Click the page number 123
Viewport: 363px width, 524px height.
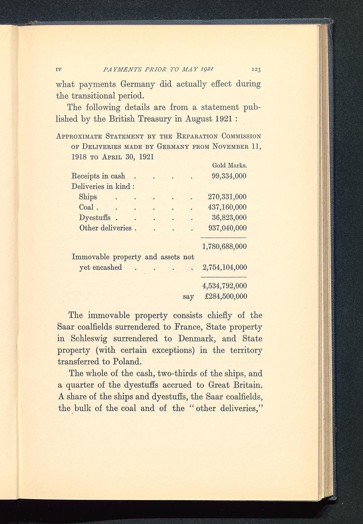[256, 70]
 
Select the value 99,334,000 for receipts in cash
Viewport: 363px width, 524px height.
[229, 176]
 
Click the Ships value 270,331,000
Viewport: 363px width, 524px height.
[227, 197]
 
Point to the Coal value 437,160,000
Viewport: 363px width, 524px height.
[227, 207]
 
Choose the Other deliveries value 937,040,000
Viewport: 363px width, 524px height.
[227, 228]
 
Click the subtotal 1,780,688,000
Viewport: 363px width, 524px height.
[224, 246]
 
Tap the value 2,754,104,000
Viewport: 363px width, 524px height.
[224, 267]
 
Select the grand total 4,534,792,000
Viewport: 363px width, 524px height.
[224, 286]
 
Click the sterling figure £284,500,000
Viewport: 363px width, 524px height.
[226, 296]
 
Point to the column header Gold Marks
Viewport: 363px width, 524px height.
[229, 165]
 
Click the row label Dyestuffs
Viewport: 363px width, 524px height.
[95, 218]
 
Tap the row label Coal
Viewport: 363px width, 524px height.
[86, 207]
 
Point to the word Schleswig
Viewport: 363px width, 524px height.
[89, 339]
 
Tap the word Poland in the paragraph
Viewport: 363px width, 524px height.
[126, 362]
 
